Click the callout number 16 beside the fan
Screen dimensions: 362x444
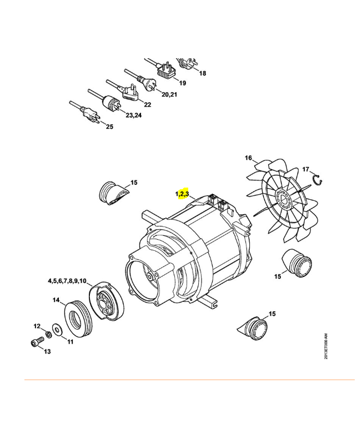pos(248,158)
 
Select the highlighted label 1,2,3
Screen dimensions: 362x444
pos(182,194)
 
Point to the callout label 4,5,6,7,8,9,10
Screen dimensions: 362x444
pos(67,281)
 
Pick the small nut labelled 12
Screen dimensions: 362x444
pos(48,335)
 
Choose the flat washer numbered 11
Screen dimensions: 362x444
pos(58,330)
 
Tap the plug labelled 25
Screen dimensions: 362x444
pos(90,115)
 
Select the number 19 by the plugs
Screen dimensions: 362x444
pos(183,83)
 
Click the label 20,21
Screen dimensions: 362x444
pos(169,94)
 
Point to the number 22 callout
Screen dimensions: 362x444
pos(148,105)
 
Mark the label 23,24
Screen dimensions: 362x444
pos(134,115)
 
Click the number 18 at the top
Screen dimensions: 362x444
pos(203,73)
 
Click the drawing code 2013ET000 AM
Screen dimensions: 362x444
pos(326,346)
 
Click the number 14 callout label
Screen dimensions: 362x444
pos(56,300)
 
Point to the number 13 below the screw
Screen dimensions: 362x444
pos(47,351)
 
